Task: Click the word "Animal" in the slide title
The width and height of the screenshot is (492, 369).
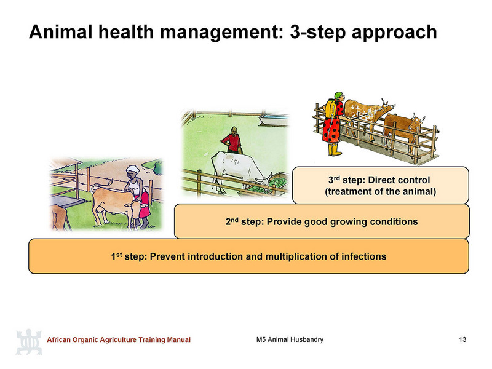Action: coord(60,32)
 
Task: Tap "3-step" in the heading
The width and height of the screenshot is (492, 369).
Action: coord(317,33)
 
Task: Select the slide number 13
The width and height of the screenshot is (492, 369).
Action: coord(462,339)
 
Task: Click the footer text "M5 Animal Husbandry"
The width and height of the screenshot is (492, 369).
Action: coord(290,339)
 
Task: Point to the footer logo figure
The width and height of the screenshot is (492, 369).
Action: coord(29,342)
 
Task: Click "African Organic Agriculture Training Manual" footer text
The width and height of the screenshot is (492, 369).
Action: coord(119,339)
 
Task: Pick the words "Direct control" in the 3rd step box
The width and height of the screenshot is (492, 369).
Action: coord(399,180)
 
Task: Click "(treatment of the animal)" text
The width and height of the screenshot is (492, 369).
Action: coord(380,191)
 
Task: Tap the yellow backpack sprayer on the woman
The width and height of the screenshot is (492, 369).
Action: coord(330,109)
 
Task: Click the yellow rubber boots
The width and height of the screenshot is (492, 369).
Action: coord(334,149)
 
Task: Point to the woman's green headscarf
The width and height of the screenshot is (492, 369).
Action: coord(339,95)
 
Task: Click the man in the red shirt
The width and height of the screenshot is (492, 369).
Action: coord(232,140)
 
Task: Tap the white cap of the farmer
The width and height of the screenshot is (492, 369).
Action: coord(133,169)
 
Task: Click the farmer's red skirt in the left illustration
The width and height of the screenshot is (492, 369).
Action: coord(145,205)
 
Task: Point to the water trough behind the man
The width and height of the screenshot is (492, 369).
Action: coord(274,119)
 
